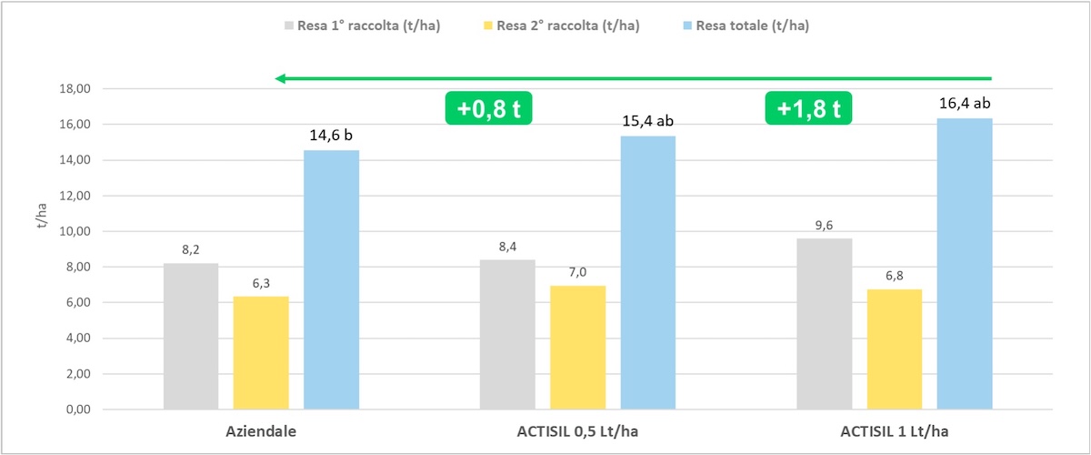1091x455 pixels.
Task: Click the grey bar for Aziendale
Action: click(191, 336)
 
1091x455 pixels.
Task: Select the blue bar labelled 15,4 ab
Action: click(647, 272)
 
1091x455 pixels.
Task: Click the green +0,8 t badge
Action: click(488, 108)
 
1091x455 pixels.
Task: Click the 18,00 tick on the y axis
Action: click(76, 89)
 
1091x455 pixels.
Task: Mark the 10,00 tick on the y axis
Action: click(76, 231)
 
